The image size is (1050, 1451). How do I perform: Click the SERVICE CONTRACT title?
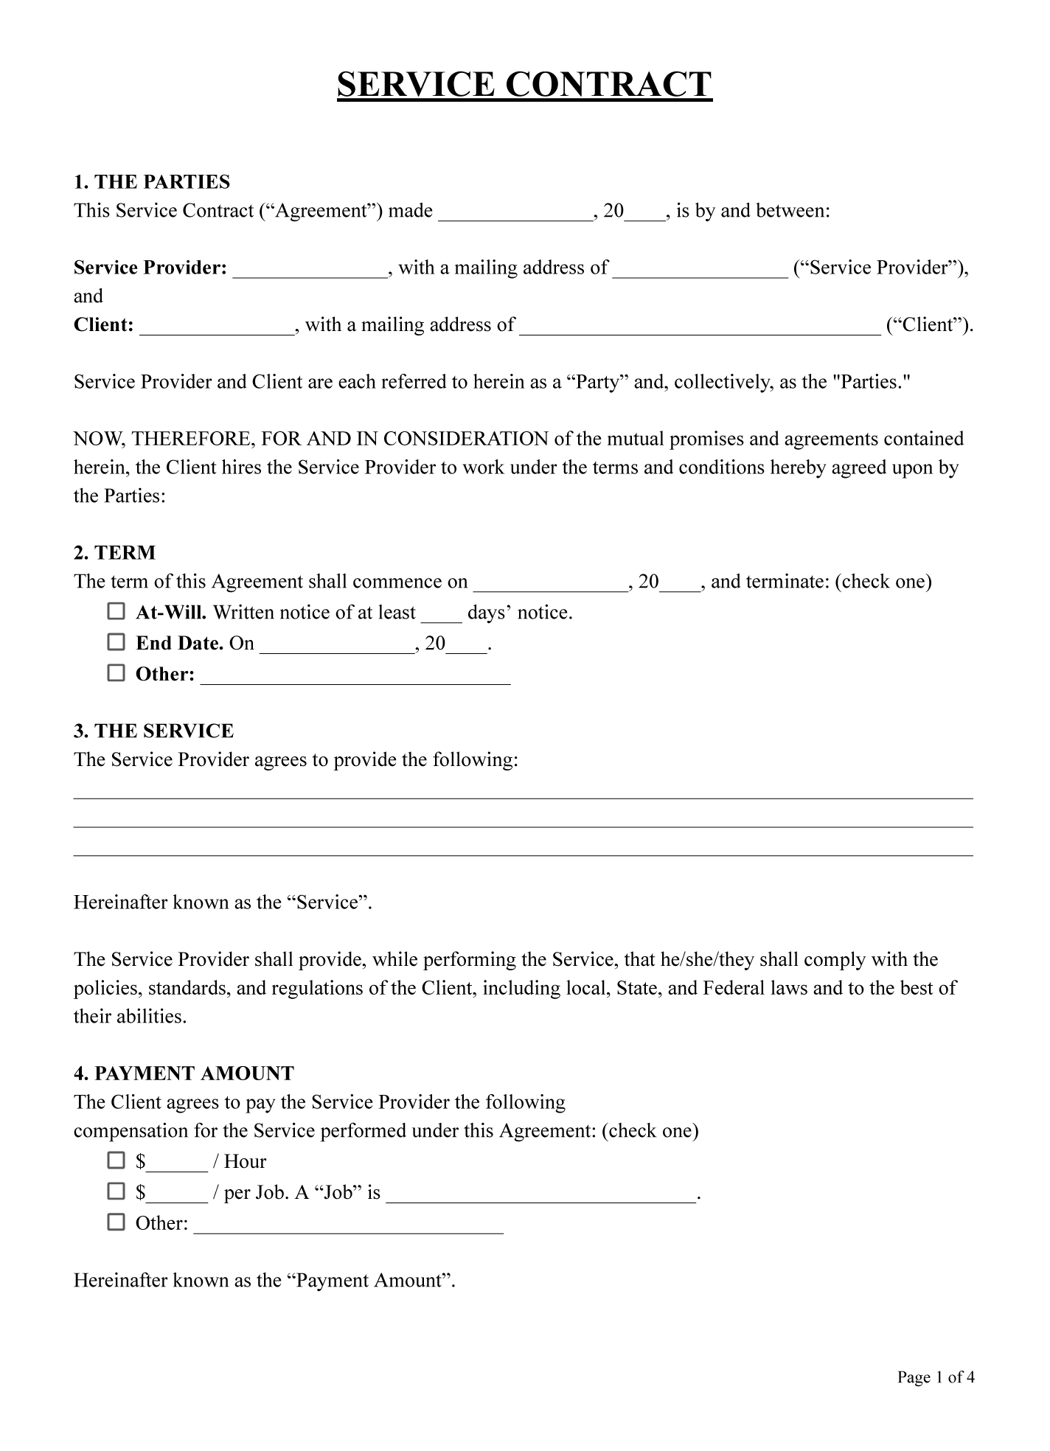point(524,85)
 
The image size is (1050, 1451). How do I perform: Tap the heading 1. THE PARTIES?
point(151,182)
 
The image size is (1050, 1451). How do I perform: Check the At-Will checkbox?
point(117,611)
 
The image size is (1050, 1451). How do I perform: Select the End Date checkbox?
point(117,642)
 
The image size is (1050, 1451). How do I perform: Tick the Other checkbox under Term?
point(117,672)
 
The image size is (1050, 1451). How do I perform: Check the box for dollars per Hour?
point(117,1161)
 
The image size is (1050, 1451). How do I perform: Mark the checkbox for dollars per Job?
point(117,1191)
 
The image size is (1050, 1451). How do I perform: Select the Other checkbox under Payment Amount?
point(117,1222)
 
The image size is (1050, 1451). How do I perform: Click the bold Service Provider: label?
point(150,268)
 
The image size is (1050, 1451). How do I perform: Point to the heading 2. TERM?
point(114,553)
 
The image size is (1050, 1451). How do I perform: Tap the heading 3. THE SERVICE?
point(153,731)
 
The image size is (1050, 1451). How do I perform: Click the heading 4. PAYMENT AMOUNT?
point(184,1074)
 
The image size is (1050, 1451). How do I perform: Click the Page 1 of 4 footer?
point(936,1377)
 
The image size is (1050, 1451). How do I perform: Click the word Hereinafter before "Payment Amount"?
point(121,1281)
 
